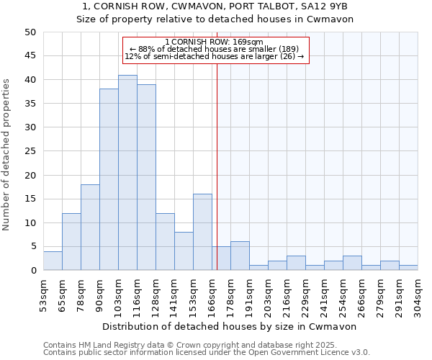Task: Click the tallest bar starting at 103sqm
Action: [127, 173]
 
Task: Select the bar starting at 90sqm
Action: [109, 180]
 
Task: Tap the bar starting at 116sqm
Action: [146, 177]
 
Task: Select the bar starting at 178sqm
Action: [240, 256]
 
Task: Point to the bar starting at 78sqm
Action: [90, 228]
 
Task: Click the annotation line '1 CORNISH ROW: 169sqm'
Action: [214, 42]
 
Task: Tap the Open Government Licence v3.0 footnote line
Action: [207, 353]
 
